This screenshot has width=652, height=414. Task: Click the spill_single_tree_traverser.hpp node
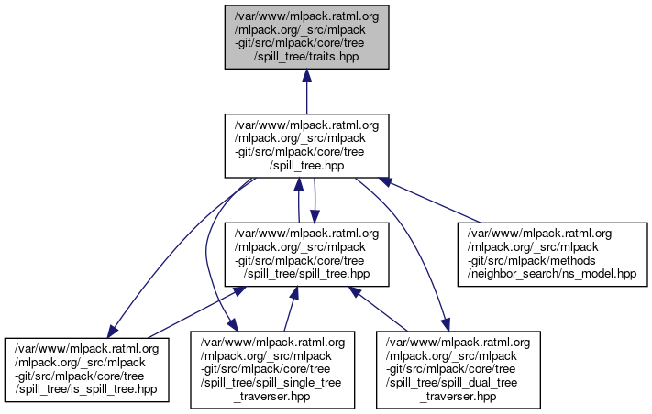tap(269, 369)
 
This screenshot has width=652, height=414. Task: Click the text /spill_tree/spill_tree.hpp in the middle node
tap(306, 273)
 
